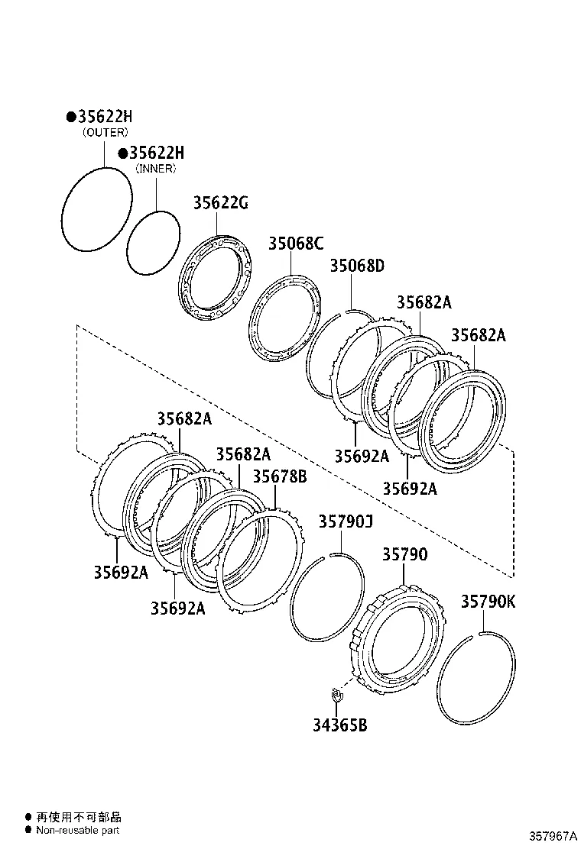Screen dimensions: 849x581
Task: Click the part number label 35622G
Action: coord(220,203)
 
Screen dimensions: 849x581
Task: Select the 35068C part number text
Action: coord(295,244)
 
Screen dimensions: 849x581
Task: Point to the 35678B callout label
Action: coord(280,477)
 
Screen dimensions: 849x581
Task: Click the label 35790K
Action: coord(488,602)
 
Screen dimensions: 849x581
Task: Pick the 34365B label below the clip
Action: coord(339,725)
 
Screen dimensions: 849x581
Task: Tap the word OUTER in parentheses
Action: coord(105,132)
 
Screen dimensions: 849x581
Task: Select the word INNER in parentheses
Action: coord(156,169)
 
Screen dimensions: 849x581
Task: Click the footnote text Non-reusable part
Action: coord(77,830)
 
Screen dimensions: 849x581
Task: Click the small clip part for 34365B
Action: coord(335,695)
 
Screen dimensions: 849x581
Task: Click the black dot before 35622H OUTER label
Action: coord(70,117)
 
